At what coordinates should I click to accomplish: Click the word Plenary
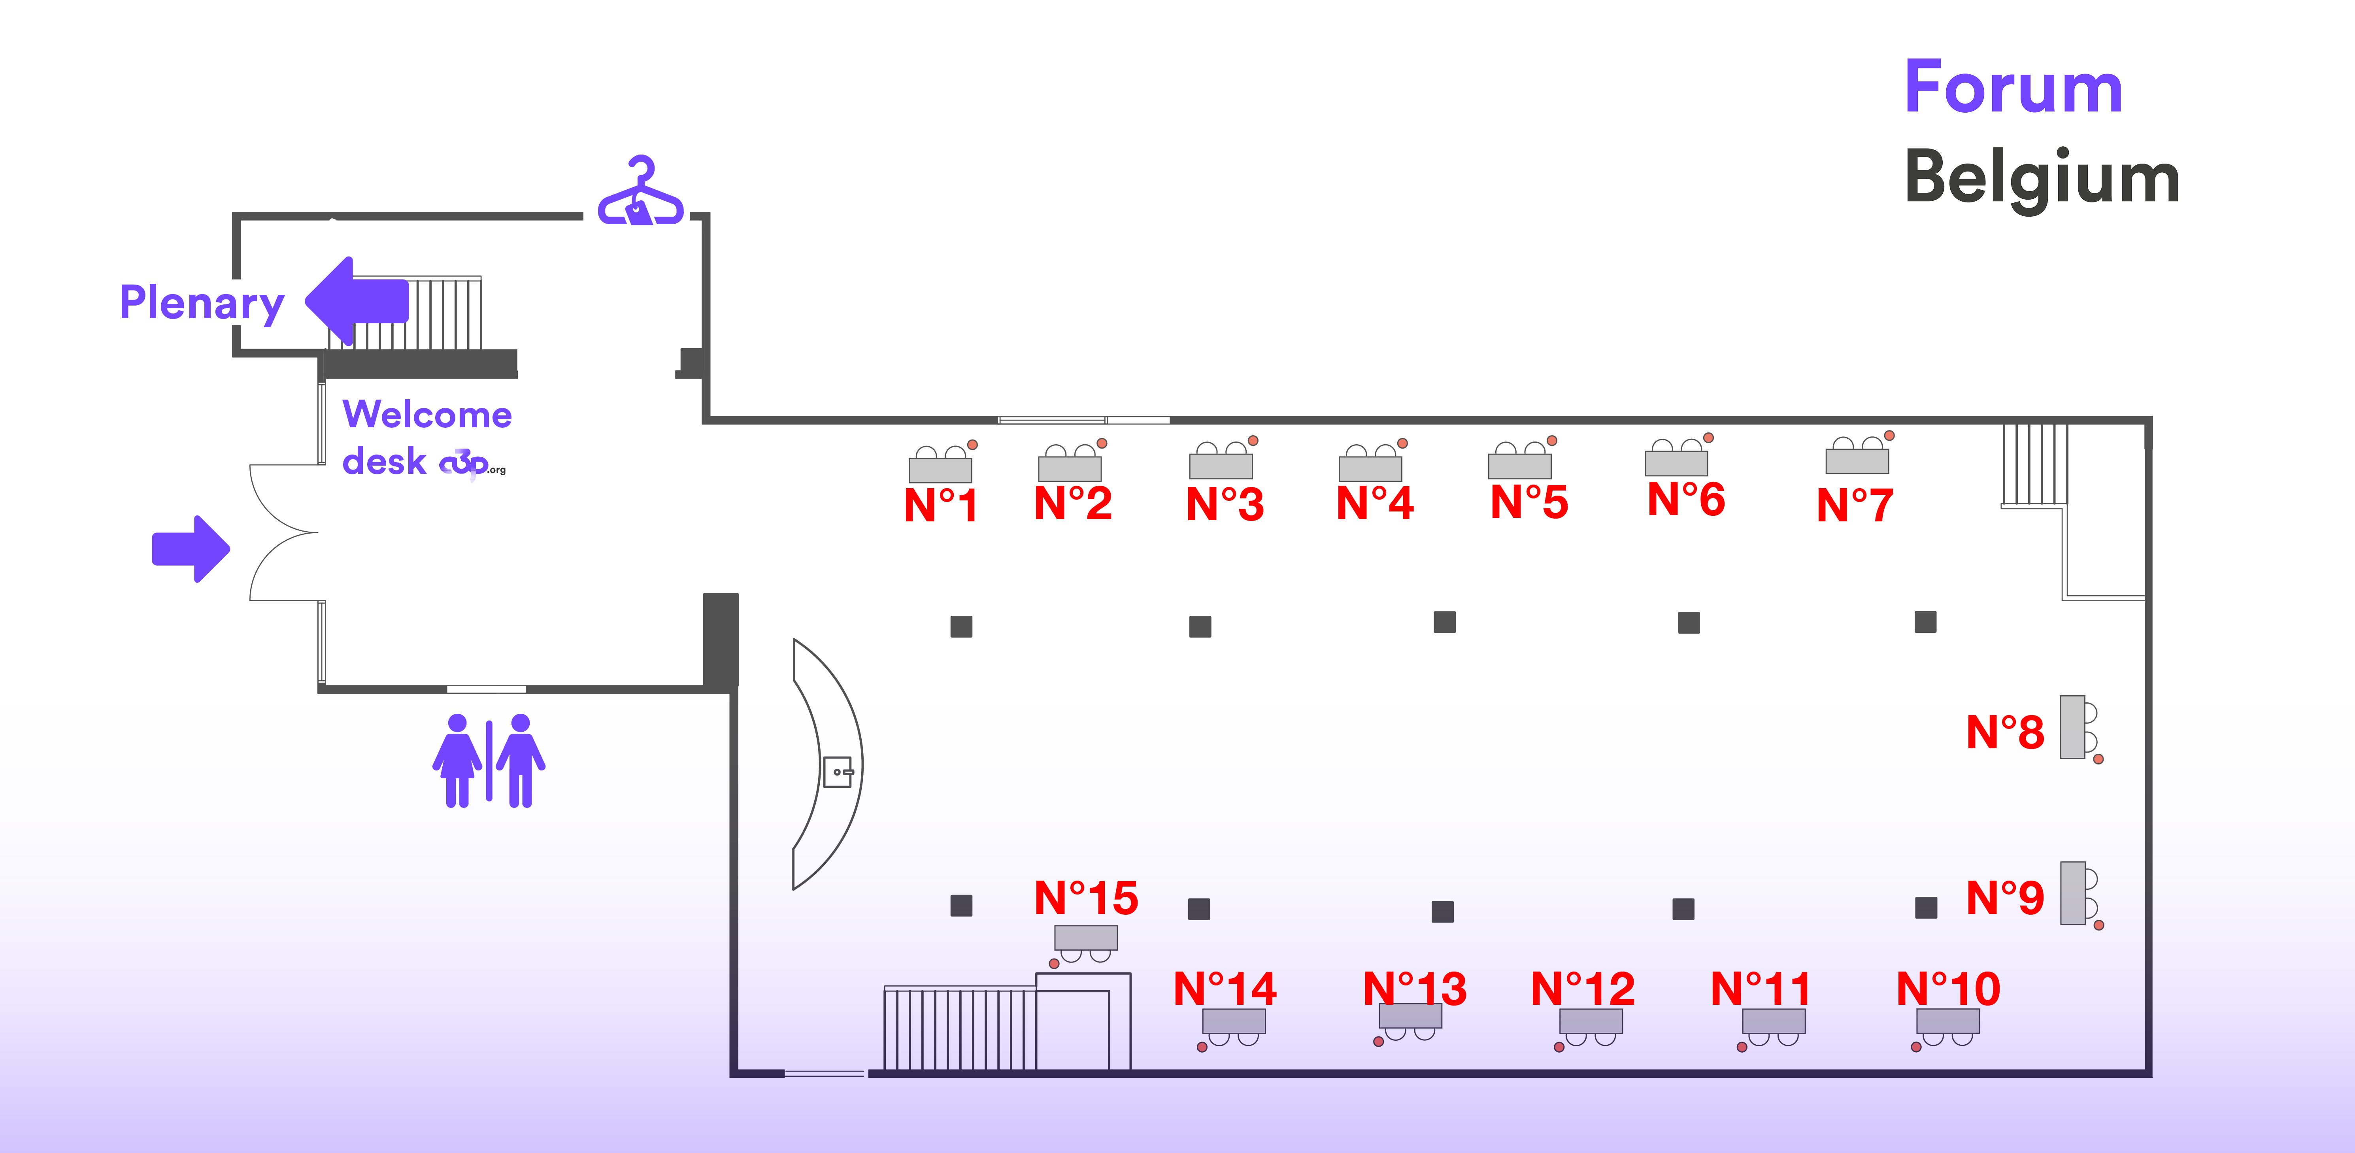[x=202, y=303]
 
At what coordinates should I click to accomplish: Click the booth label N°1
[x=941, y=505]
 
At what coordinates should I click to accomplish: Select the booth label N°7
[x=1855, y=505]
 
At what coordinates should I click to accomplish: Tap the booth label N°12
[x=1583, y=989]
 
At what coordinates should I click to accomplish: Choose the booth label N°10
[x=1948, y=989]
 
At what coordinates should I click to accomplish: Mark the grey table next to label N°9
[x=2072, y=893]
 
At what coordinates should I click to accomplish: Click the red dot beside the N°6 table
[x=1708, y=438]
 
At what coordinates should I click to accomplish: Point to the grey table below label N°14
[x=1233, y=1021]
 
